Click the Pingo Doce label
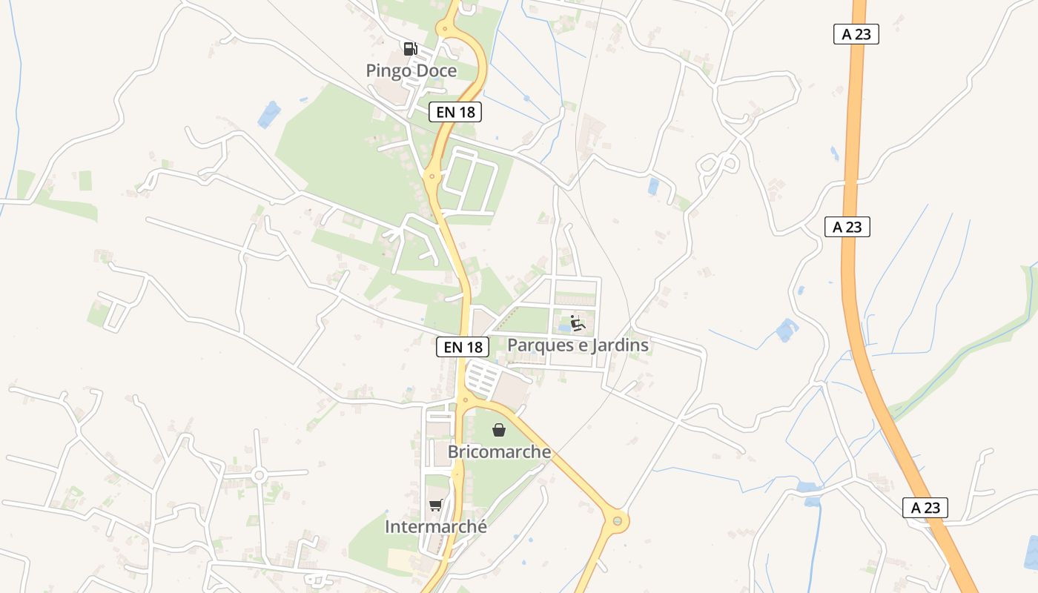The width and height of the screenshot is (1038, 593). pyautogui.click(x=411, y=71)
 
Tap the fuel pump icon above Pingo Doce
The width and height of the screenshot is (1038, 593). pyautogui.click(x=410, y=49)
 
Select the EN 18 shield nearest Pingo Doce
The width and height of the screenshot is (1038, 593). pyautogui.click(x=455, y=112)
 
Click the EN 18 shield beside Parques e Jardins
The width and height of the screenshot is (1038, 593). pyautogui.click(x=463, y=346)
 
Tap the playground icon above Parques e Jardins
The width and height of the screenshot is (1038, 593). pyautogui.click(x=578, y=323)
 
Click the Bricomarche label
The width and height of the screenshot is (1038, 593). pyautogui.click(x=499, y=451)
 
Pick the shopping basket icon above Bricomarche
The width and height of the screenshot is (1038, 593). pyautogui.click(x=499, y=430)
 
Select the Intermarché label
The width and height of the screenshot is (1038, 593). pyautogui.click(x=436, y=527)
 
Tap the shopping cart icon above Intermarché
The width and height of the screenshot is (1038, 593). pyautogui.click(x=435, y=506)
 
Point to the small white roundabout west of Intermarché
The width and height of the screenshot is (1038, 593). pyautogui.click(x=259, y=474)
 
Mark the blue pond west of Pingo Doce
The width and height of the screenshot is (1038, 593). pyautogui.click(x=268, y=114)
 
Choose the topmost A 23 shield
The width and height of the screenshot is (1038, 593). pyautogui.click(x=856, y=34)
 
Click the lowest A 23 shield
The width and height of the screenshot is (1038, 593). pyautogui.click(x=925, y=508)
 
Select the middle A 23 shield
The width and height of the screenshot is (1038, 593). pyautogui.click(x=847, y=227)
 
